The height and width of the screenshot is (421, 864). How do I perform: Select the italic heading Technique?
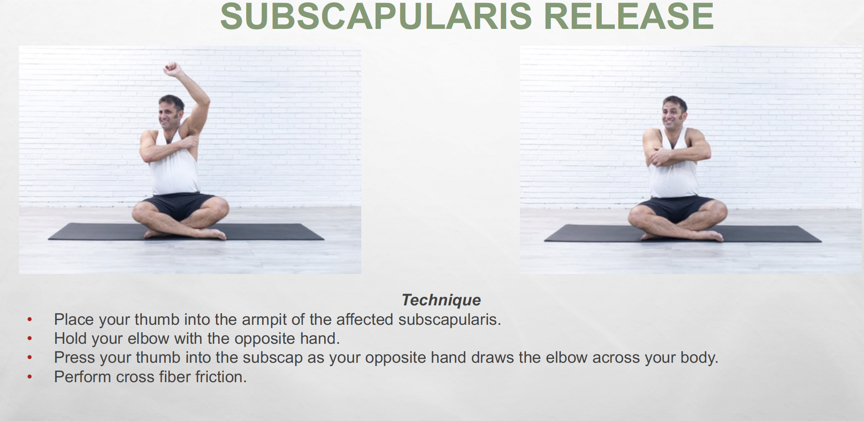(x=441, y=300)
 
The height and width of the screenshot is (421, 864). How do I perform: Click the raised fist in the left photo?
(x=172, y=69)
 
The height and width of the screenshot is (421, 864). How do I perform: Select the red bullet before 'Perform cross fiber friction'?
(x=29, y=377)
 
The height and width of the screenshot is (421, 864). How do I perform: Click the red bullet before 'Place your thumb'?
(x=29, y=320)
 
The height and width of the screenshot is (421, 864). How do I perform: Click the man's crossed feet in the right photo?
(x=681, y=236)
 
